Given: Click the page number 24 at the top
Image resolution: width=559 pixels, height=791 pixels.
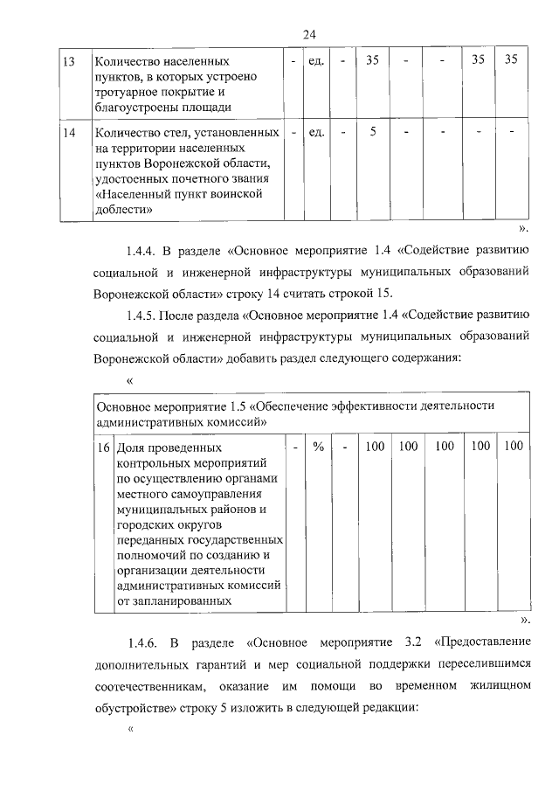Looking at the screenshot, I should tap(308, 34).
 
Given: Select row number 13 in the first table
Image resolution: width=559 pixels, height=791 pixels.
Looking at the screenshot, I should tap(68, 62).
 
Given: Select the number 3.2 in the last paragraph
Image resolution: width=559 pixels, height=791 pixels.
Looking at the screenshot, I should tap(408, 644).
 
